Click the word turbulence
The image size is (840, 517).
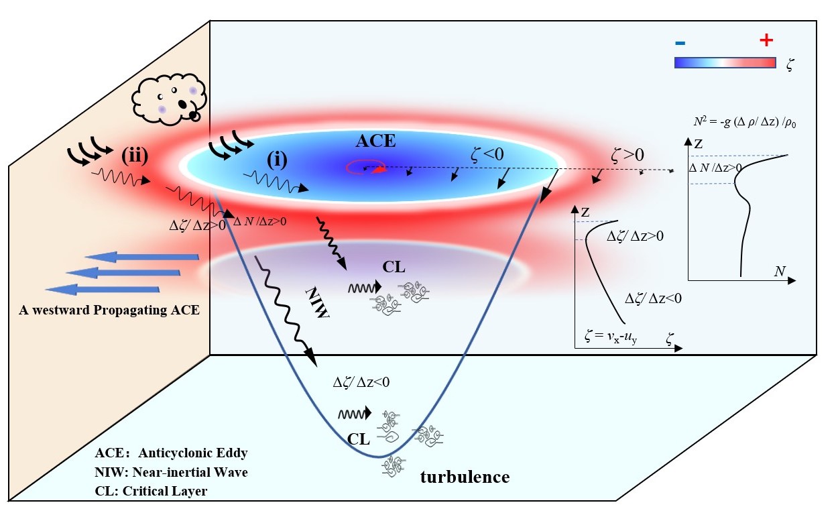point(465,477)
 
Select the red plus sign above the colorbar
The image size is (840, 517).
point(766,41)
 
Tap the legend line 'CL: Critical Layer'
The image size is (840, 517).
point(151,491)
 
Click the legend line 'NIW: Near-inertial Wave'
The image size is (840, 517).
point(171,472)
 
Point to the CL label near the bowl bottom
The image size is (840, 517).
point(359,439)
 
